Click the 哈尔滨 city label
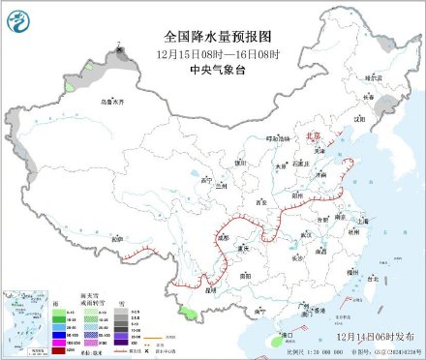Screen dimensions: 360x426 click(x=362, y=75)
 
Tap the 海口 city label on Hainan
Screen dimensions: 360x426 click(x=288, y=335)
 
